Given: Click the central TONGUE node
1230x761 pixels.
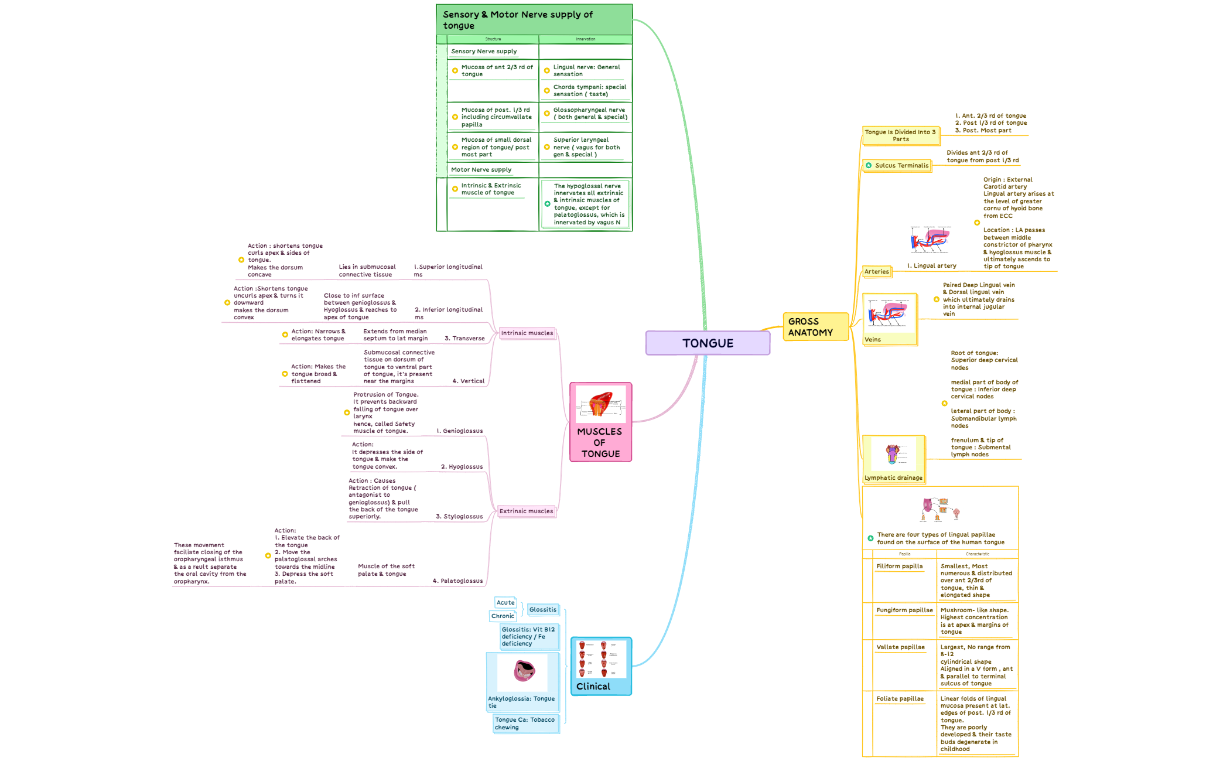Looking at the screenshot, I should pyautogui.click(x=708, y=343).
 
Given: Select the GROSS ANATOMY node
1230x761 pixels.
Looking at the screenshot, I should pyautogui.click(x=815, y=327).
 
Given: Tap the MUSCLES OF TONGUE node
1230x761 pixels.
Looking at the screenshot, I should pyautogui.click(x=600, y=422).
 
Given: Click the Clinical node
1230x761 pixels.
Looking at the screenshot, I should pyautogui.click(x=601, y=667).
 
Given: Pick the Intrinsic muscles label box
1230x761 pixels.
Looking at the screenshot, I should pyautogui.click(x=527, y=333).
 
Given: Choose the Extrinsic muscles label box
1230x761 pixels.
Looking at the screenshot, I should pyautogui.click(x=526, y=511).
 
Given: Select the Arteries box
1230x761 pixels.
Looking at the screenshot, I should pyautogui.click(x=876, y=272).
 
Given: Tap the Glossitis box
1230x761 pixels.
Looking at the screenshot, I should pyautogui.click(x=543, y=610).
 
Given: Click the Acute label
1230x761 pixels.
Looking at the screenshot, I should pyautogui.click(x=505, y=603).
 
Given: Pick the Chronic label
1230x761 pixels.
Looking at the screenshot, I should pyautogui.click(x=503, y=616).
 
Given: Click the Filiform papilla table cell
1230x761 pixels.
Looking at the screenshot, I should pyautogui.click(x=899, y=567).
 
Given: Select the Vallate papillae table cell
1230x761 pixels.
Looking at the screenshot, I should pyautogui.click(x=900, y=647).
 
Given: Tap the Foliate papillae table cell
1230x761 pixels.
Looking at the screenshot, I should pyautogui.click(x=900, y=699).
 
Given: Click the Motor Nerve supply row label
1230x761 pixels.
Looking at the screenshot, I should pyautogui.click(x=481, y=170).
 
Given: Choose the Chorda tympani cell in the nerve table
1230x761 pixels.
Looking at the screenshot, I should pyautogui.click(x=589, y=91).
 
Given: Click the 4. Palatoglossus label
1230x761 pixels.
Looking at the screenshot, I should pyautogui.click(x=457, y=581).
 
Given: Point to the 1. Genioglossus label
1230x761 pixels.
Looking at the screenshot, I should pyautogui.click(x=459, y=431).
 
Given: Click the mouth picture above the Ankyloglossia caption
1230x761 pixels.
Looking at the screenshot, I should pyautogui.click(x=523, y=671).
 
